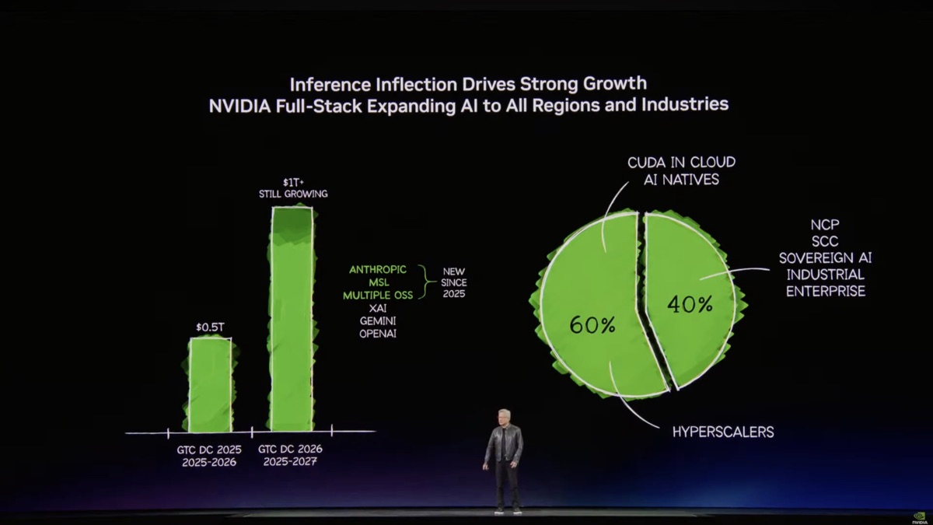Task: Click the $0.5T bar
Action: pos(210,385)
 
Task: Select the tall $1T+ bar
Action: pos(292,319)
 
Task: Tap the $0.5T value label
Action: pos(209,327)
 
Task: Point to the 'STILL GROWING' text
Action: pos(293,194)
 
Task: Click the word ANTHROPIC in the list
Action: pos(377,270)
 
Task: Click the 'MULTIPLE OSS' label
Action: pos(379,296)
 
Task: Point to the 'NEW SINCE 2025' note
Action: pos(453,283)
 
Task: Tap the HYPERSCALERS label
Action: pos(723,432)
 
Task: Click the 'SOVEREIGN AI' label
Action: pos(825,258)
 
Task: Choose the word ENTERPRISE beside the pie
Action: pos(825,292)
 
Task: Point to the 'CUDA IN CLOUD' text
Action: pos(681,163)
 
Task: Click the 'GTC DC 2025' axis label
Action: pos(208,450)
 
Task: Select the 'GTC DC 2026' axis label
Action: pos(289,450)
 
